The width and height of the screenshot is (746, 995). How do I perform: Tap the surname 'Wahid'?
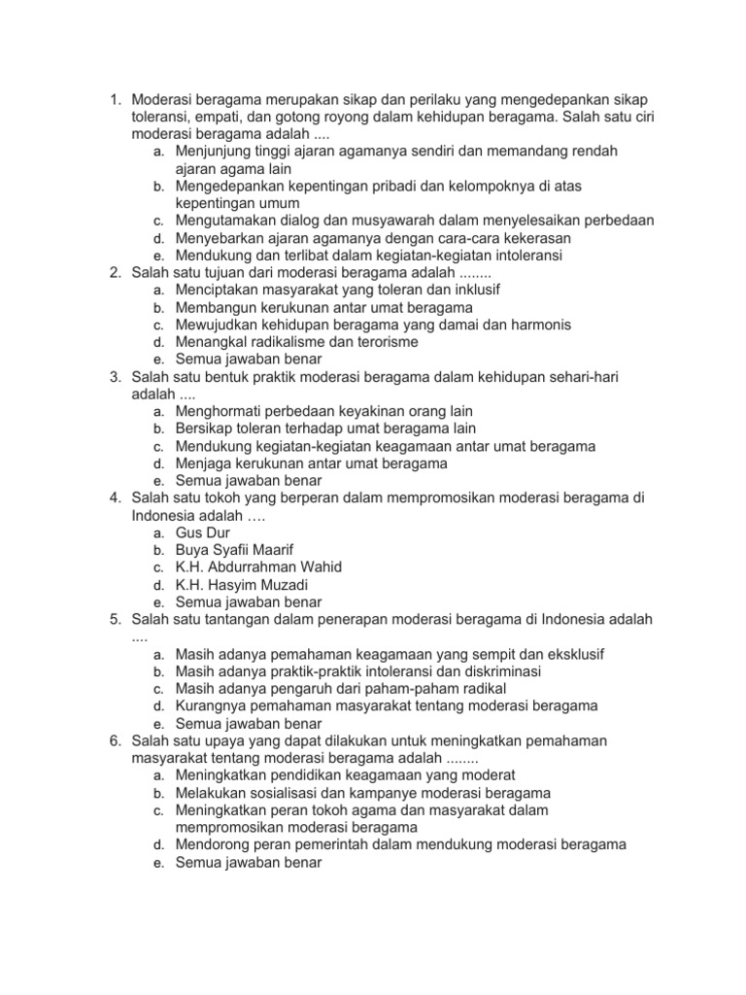[320, 567]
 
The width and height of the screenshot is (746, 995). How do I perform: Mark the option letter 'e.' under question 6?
[157, 862]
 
